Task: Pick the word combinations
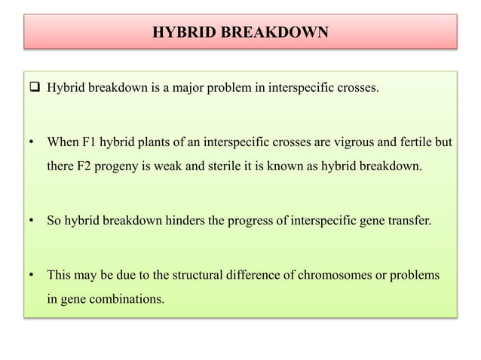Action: pyautogui.click(x=124, y=299)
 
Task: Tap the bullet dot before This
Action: pyautogui.click(x=31, y=275)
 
